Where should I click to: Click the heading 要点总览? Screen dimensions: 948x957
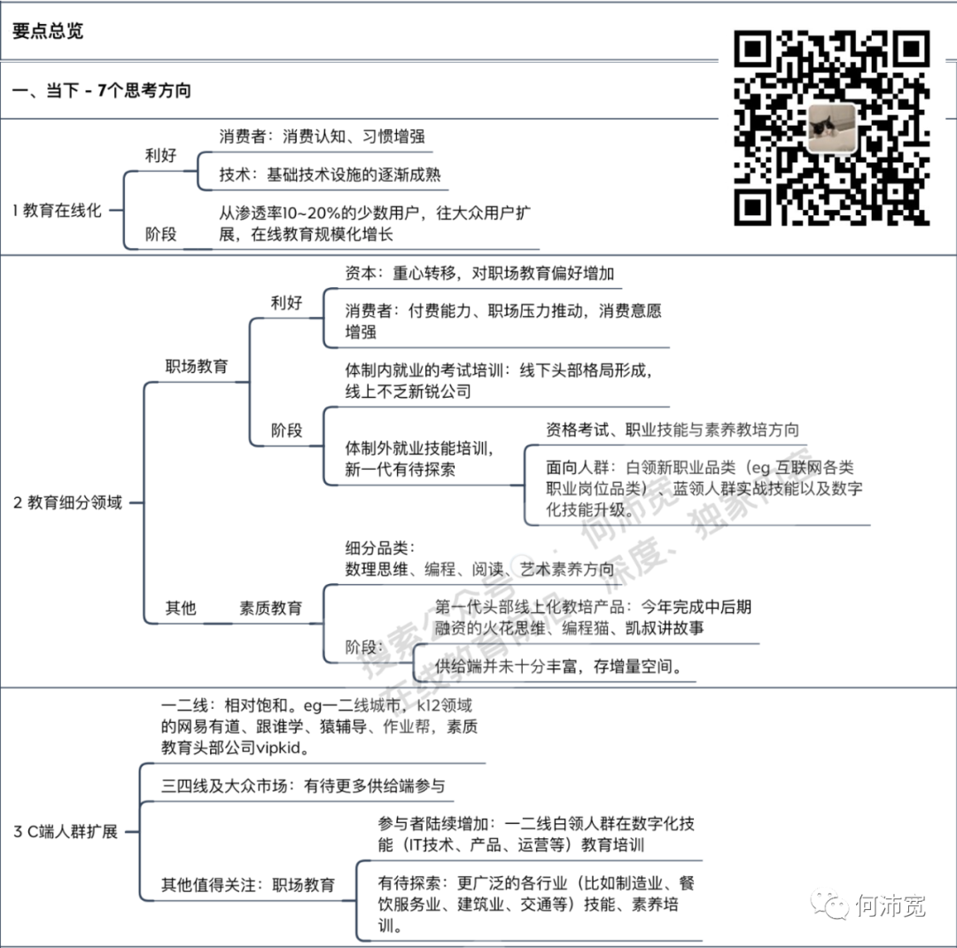(48, 31)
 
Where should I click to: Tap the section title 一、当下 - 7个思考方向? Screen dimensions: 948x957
(102, 90)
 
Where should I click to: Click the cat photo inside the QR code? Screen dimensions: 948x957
(831, 128)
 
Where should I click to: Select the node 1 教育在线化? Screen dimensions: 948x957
(57, 211)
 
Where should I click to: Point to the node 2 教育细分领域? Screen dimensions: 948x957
(67, 502)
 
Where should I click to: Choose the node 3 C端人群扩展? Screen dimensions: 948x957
(66, 832)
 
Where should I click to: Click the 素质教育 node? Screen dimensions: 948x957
(270, 609)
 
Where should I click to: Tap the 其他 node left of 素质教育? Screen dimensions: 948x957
(181, 609)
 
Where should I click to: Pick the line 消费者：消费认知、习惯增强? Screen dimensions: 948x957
(322, 136)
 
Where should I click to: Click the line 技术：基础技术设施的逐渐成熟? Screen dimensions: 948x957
(330, 175)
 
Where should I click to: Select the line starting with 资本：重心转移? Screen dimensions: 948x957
(478, 274)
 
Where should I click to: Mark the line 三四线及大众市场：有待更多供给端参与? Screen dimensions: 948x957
(302, 786)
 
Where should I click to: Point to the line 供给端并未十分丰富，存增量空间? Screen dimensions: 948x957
(558, 666)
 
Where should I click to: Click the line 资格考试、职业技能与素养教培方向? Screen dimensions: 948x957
(673, 430)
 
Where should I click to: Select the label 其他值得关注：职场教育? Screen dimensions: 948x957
(248, 885)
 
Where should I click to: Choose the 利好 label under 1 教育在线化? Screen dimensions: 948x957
(160, 156)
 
